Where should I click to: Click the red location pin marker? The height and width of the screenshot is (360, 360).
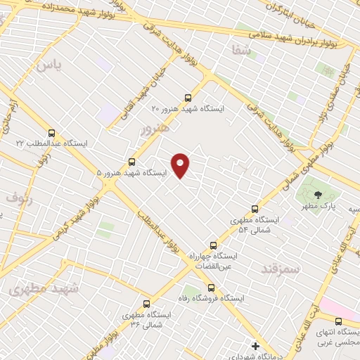pos(181,165)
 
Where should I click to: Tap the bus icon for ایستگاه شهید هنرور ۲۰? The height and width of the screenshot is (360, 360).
pos(188,98)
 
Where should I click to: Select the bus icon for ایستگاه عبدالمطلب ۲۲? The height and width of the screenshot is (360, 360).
pos(51,132)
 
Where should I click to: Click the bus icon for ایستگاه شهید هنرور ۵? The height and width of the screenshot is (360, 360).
pos(131,162)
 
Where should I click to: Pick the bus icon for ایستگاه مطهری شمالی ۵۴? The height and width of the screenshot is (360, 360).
pos(255,209)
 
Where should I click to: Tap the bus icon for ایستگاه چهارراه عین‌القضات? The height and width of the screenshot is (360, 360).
pos(213,245)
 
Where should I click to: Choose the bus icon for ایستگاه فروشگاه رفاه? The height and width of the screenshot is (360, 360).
pos(211,287)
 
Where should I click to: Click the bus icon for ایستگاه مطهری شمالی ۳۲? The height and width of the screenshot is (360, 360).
pos(146,304)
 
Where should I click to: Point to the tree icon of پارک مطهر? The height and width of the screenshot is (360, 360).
pos(318,195)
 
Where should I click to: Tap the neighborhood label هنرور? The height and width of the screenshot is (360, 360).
pos(155,129)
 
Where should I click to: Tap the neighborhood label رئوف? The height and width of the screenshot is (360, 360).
pos(20,198)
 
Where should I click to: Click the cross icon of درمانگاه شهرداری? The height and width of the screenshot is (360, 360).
pos(255,345)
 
